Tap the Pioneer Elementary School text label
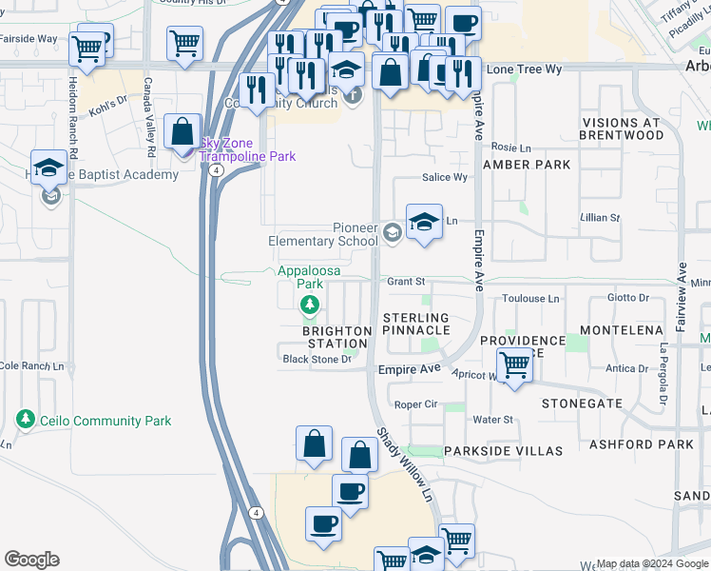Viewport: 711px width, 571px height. [x=322, y=234]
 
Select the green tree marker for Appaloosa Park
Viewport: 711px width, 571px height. [x=309, y=305]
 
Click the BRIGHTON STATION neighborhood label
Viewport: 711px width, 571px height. [x=336, y=337]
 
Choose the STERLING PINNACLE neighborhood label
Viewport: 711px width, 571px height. [x=415, y=324]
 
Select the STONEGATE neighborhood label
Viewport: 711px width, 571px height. [x=582, y=404]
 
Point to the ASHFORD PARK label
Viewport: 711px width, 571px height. [x=655, y=444]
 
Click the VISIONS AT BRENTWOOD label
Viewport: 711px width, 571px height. [x=623, y=129]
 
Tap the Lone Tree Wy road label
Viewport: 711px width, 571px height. [x=524, y=69]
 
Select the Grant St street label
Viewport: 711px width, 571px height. [x=405, y=282]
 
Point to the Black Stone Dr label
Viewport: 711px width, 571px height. [x=317, y=359]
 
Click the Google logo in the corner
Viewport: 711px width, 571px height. [x=31, y=560]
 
